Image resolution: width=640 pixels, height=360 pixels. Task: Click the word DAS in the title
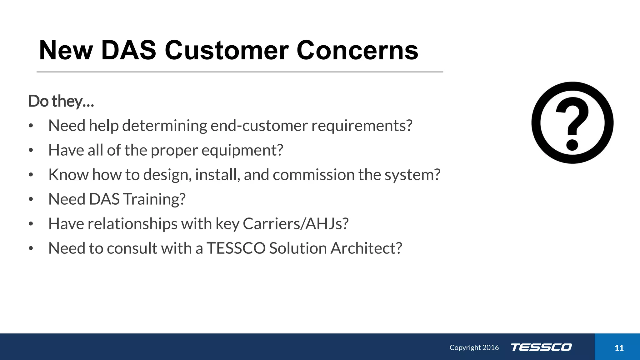128,50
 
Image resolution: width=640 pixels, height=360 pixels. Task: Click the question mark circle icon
572,122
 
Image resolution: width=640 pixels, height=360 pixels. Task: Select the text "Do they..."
61,101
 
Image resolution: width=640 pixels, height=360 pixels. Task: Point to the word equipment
242,150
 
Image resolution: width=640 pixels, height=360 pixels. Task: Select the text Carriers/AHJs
295,224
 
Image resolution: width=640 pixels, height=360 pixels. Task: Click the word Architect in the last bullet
366,248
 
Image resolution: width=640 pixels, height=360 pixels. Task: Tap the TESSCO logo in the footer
541,347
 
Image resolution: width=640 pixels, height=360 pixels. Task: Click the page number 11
619,348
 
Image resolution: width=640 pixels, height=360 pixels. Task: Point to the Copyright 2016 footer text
474,347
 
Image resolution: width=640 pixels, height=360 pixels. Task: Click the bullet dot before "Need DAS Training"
31,199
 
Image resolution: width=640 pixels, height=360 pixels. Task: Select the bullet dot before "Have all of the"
31,150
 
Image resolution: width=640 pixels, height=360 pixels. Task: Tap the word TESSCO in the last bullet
236,248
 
